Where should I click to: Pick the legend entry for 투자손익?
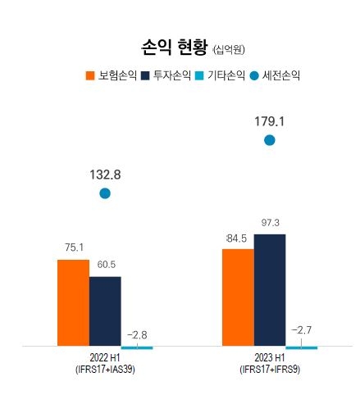(x=166, y=75)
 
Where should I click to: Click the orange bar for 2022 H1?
(x=73, y=302)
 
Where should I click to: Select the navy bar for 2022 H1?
(x=105, y=311)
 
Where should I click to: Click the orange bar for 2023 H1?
(x=238, y=297)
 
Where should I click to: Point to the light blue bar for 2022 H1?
(x=137, y=347)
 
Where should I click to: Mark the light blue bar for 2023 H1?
(x=302, y=347)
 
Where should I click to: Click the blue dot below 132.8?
(x=105, y=193)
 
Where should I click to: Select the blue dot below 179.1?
(x=270, y=140)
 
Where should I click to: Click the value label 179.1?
(x=269, y=121)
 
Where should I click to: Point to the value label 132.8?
(x=105, y=175)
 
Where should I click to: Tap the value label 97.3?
(x=271, y=223)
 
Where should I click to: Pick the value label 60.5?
(x=106, y=265)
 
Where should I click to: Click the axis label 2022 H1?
(x=105, y=358)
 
